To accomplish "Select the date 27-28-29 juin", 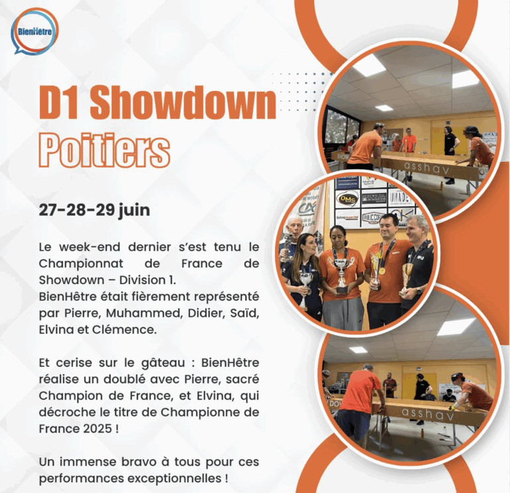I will click(94, 210).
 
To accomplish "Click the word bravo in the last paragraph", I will click(124, 461).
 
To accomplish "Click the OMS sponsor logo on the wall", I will click(347, 198).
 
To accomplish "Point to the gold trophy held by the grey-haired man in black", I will click(406, 271).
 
